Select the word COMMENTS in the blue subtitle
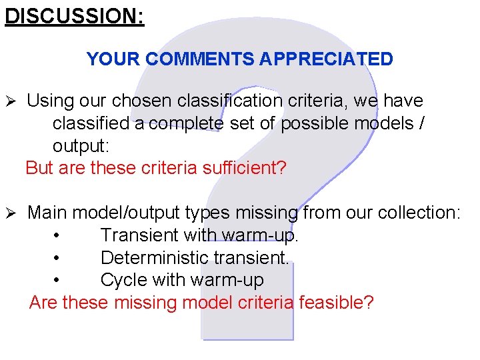click(199, 59)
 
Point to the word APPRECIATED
click(327, 59)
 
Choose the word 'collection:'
click(419, 213)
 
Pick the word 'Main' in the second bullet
click(47, 213)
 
